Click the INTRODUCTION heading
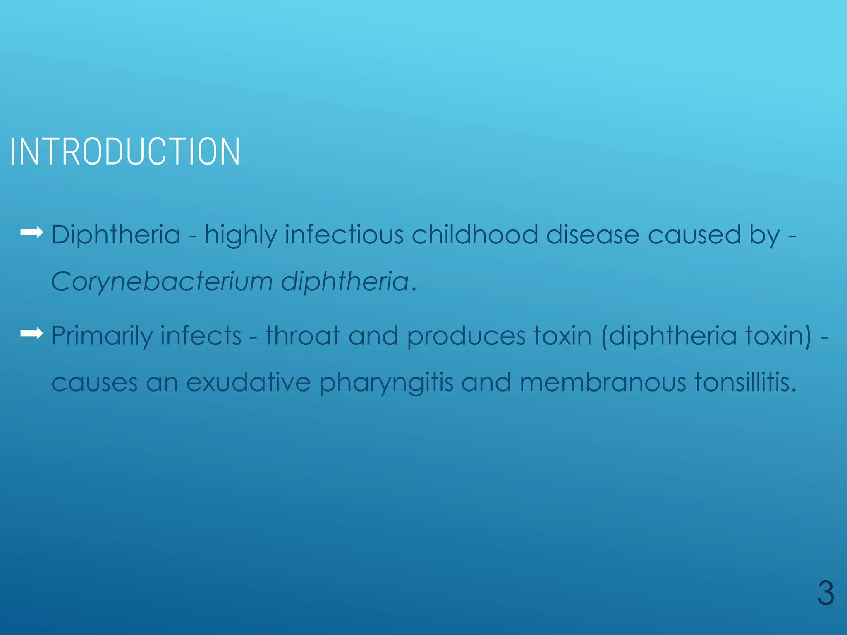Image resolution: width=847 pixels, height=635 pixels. (125, 152)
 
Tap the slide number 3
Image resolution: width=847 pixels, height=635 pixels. (825, 593)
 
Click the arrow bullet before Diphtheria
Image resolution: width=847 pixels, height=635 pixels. (32, 233)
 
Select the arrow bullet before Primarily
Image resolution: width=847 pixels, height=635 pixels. (32, 333)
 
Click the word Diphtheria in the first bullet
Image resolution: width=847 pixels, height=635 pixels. (116, 235)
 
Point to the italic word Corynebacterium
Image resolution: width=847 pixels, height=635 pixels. (162, 282)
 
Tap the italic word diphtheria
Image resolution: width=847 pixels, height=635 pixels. (345, 282)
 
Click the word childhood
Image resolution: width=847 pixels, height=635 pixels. (474, 235)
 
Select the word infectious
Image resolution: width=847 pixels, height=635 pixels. (344, 235)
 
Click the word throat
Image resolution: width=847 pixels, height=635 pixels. (303, 335)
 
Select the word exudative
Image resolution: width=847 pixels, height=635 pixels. (248, 382)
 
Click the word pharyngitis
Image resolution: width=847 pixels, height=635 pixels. (386, 383)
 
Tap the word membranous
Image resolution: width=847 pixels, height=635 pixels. (603, 382)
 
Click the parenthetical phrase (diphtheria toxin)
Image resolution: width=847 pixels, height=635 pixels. (706, 336)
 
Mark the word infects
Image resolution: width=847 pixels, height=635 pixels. (201, 335)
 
